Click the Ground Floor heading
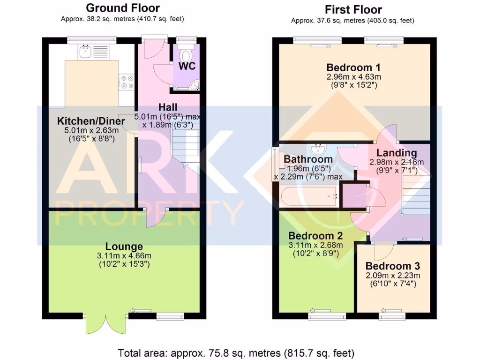[x=123, y=8]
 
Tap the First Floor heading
[x=353, y=9]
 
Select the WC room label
[x=187, y=66]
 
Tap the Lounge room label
[x=124, y=247]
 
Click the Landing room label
[x=397, y=153]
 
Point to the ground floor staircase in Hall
[x=186, y=141]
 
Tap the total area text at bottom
[x=236, y=352]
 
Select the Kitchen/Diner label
[x=91, y=121]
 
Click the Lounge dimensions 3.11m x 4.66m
[x=124, y=256]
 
